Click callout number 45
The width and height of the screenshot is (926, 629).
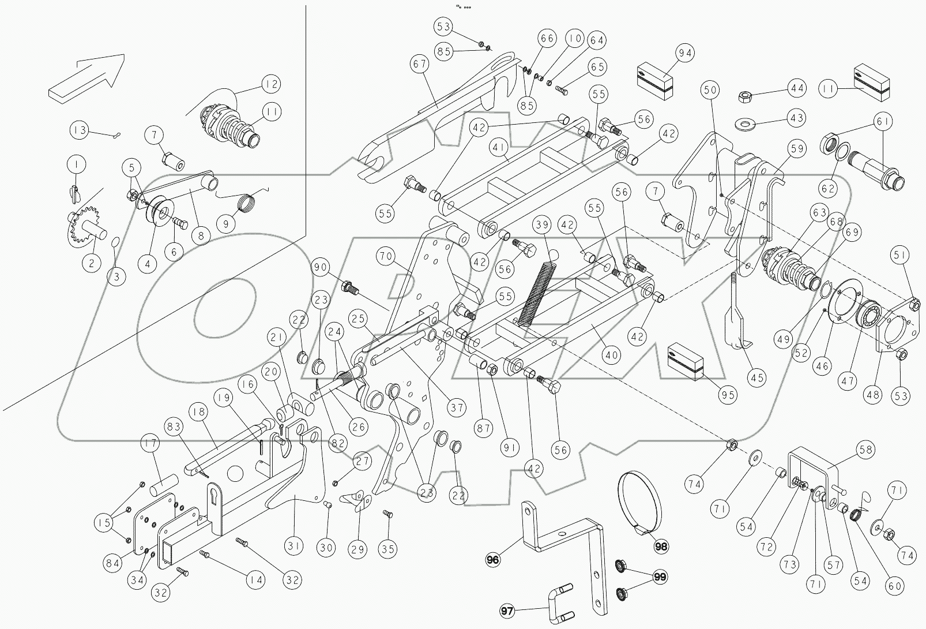pos(756,378)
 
